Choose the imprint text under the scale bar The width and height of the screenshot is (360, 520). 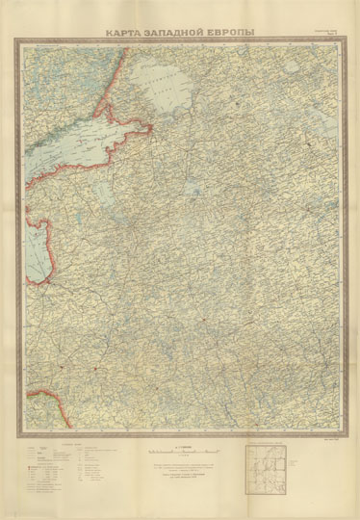tap(180, 472)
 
